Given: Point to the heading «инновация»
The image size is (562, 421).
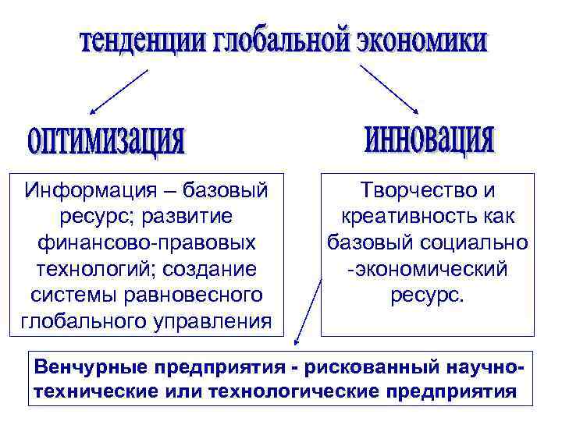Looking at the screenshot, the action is pyautogui.click(x=429, y=138).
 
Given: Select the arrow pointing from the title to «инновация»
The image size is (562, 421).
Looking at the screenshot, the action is pyautogui.click(x=389, y=90).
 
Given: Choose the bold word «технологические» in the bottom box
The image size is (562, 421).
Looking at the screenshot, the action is pyautogui.click(x=292, y=390).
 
